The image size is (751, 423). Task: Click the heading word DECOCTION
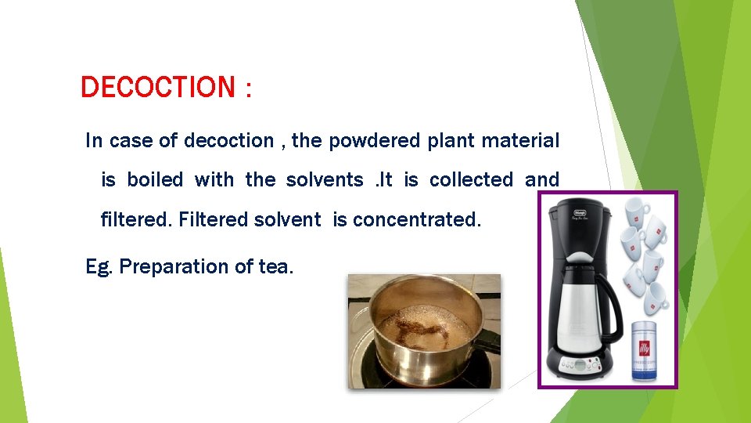(157, 87)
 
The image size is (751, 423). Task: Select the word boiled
(155, 180)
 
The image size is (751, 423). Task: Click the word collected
(471, 180)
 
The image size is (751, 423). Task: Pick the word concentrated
(417, 220)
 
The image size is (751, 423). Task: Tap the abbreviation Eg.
(99, 267)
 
